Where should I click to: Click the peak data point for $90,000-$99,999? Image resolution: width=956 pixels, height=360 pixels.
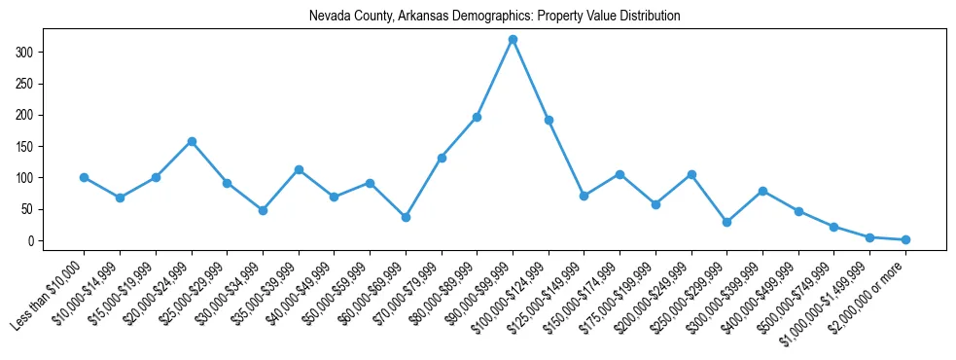tap(513, 39)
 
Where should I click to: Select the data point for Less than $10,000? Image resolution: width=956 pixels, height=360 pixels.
tap(84, 177)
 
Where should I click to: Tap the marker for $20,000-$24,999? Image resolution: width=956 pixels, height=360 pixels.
tap(192, 141)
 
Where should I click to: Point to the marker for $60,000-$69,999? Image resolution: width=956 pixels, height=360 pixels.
tap(406, 217)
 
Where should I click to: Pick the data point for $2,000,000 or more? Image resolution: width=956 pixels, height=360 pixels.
tap(905, 239)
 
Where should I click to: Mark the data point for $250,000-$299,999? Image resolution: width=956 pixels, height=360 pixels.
tap(726, 222)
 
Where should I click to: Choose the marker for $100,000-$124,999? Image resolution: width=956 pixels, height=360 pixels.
tap(549, 120)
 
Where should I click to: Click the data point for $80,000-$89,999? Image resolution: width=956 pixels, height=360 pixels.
tap(477, 117)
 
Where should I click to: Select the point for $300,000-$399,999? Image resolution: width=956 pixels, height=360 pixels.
tap(762, 191)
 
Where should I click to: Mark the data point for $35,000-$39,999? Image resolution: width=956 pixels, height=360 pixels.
tap(299, 169)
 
